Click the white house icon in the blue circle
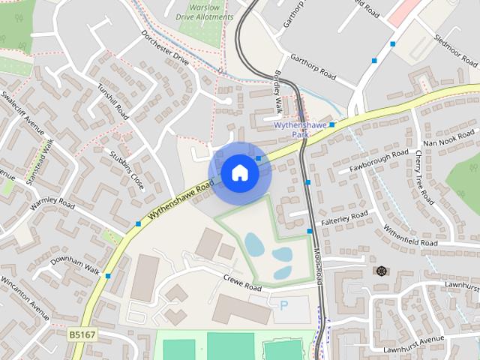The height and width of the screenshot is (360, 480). (239, 173)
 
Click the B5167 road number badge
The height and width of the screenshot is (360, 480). (82, 334)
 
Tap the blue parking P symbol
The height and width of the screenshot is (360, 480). (283, 305)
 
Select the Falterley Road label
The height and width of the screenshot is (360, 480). (345, 216)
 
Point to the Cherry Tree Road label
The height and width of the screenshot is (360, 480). (424, 177)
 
